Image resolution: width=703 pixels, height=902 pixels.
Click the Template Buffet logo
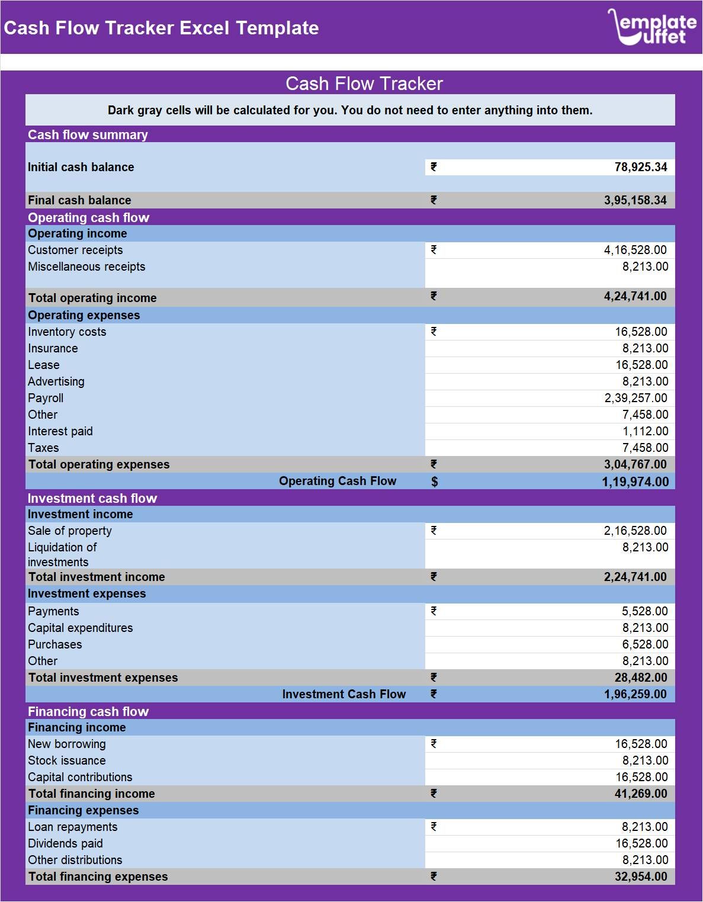(652, 27)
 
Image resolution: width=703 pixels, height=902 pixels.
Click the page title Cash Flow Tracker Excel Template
(161, 28)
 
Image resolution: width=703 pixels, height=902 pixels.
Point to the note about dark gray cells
(349, 110)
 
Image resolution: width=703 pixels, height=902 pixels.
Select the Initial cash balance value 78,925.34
(640, 167)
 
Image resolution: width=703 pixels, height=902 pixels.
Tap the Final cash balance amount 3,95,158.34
(635, 200)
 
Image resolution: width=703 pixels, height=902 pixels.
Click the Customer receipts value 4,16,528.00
(635, 250)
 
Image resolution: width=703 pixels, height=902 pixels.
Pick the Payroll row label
(46, 398)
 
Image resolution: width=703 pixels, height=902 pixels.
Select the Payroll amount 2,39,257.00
(635, 398)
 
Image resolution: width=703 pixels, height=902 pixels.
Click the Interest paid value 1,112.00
(645, 431)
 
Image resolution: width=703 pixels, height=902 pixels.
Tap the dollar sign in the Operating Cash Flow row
(434, 482)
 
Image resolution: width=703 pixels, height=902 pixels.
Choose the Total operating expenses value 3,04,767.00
(635, 464)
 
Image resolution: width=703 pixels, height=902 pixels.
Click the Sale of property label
(70, 531)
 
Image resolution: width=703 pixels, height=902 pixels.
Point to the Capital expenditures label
(81, 628)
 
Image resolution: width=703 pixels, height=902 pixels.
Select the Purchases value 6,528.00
(645, 644)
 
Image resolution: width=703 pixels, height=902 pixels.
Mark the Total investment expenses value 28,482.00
(640, 678)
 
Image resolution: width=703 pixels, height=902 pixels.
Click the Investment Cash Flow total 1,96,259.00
(635, 694)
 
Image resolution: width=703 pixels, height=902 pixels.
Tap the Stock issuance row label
(67, 760)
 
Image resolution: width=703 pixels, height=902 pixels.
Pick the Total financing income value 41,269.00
(640, 794)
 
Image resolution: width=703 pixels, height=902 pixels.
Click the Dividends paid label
(65, 843)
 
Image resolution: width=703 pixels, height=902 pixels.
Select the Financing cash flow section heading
(88, 711)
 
